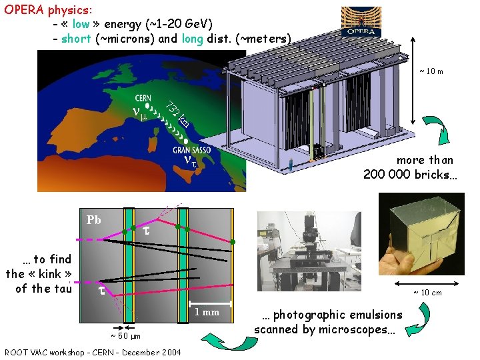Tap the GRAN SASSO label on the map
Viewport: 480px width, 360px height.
click(191, 150)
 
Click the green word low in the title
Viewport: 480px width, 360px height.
click(81, 25)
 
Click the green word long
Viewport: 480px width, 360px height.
click(191, 38)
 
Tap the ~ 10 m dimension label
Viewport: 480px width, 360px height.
click(431, 71)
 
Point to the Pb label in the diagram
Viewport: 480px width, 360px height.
click(94, 219)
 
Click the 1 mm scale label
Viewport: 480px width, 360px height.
click(206, 312)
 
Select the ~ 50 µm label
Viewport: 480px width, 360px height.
click(125, 335)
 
